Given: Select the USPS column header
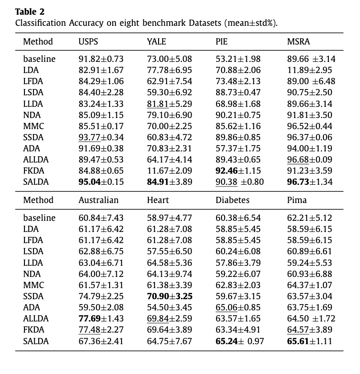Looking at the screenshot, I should [88, 42].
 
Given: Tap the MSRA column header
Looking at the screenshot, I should [299, 42].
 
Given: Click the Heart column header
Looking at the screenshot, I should [157, 200].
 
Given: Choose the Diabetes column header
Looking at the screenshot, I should [233, 200].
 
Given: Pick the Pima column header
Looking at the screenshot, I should [297, 200].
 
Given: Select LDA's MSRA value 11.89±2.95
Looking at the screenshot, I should [310, 70].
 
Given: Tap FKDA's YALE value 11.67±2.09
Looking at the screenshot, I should [169, 171].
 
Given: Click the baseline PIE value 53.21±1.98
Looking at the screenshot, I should [238, 59].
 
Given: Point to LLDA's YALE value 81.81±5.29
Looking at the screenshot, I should [169, 104].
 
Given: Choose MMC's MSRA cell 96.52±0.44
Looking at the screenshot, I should [310, 126].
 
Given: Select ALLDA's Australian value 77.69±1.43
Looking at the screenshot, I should [101, 319].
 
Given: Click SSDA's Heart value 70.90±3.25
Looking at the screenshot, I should [169, 297].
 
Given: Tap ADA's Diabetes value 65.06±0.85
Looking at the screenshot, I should [238, 308].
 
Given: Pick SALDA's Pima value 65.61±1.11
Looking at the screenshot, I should [310, 341].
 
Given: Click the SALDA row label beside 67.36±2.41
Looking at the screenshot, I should [36, 341].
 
